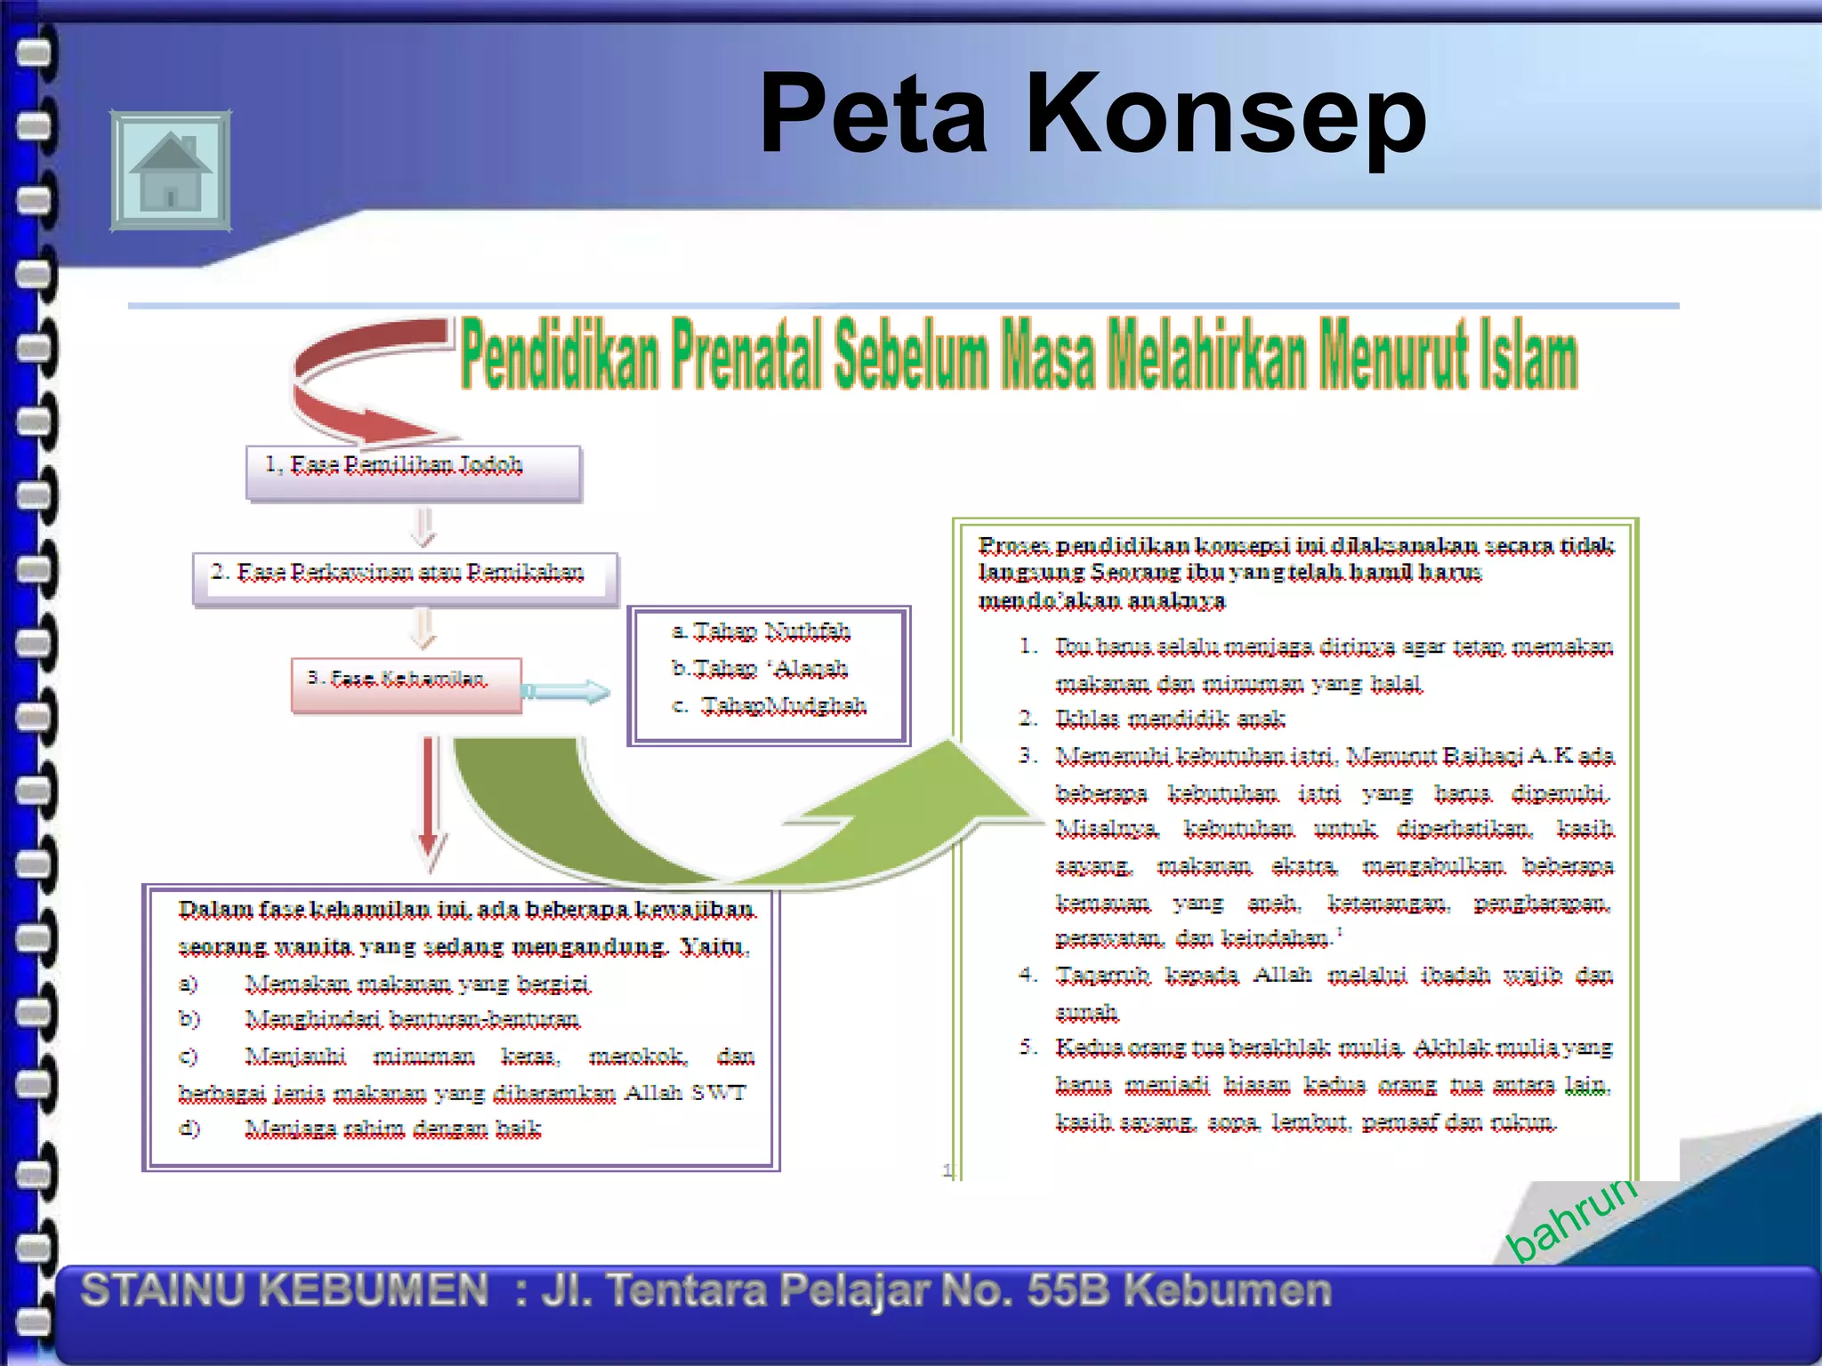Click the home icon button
click(x=170, y=170)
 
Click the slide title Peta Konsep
click(x=1092, y=115)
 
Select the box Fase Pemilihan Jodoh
click(x=414, y=472)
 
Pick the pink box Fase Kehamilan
click(x=406, y=683)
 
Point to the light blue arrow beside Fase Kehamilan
click(x=567, y=691)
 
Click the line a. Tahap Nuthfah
click(x=762, y=631)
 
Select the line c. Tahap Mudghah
click(x=770, y=705)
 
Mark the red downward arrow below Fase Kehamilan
click(x=431, y=800)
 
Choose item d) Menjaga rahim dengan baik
click(x=392, y=1129)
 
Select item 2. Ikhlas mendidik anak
click(x=1169, y=718)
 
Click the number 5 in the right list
click(x=1028, y=1047)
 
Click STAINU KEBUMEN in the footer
click(x=285, y=1290)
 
